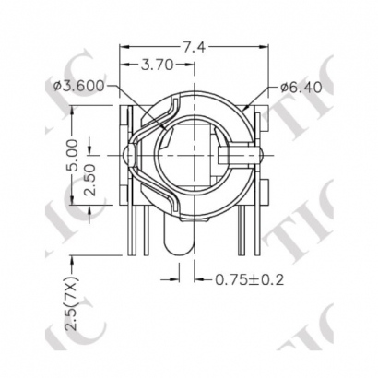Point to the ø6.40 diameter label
click(301, 89)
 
